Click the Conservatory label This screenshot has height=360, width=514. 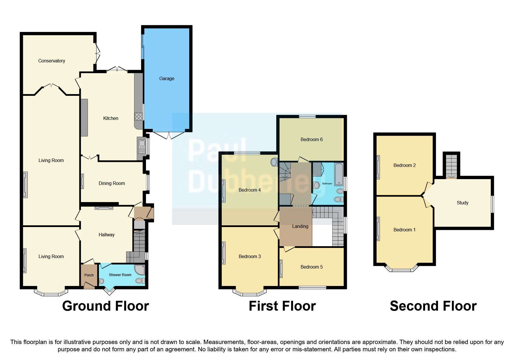click(x=52, y=61)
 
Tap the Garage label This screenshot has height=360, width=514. click(x=167, y=78)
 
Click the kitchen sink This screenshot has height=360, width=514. click(x=142, y=144)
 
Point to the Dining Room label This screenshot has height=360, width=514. click(x=112, y=183)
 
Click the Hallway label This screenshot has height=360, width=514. click(x=107, y=235)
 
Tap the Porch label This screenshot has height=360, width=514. click(x=89, y=275)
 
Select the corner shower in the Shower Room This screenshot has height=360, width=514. click(x=140, y=270)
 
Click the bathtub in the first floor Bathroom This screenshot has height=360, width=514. click(x=339, y=174)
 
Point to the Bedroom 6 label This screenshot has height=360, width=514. click(x=311, y=139)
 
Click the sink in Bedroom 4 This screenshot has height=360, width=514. click(x=274, y=162)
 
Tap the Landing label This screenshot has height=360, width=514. click(x=300, y=226)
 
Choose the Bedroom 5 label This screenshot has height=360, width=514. click(x=311, y=267)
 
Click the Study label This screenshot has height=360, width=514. click(x=462, y=203)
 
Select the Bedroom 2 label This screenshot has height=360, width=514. click(x=404, y=165)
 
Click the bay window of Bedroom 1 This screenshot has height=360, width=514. click(x=402, y=269)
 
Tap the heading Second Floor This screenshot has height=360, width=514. click(x=433, y=306)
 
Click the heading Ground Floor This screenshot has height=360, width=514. click(x=105, y=306)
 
